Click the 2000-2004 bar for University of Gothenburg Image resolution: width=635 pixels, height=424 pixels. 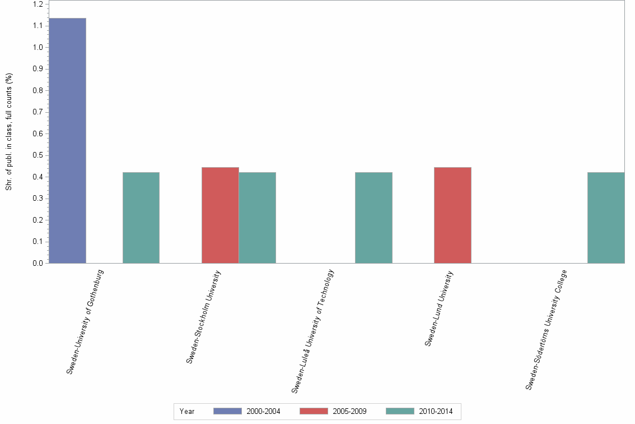tap(67, 140)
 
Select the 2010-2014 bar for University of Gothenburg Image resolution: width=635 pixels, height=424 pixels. tap(141, 218)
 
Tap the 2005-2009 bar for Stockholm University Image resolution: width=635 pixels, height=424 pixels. tap(220, 215)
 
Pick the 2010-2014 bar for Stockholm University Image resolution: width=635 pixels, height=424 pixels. tap(257, 218)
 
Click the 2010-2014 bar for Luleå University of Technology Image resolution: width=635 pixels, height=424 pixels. tap(373, 218)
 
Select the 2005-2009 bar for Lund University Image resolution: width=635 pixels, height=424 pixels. tap(452, 215)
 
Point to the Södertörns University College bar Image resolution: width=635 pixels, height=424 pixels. tap(606, 218)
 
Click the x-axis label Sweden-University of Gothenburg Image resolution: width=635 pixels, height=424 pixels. tap(85, 322)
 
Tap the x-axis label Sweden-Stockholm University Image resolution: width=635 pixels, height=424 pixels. tap(204, 317)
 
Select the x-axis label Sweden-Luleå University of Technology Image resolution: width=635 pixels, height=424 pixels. tap(313, 331)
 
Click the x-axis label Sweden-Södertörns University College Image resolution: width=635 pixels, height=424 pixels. tap(547, 330)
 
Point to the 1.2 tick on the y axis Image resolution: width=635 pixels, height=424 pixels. tap(38, 4)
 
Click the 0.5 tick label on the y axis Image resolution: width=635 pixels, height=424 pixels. tap(38, 155)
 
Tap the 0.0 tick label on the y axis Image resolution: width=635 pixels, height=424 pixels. tap(38, 263)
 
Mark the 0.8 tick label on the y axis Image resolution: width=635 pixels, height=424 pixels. tap(38, 91)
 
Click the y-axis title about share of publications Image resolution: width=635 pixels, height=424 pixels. tap(9, 132)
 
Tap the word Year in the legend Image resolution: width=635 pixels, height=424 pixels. tap(187, 412)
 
